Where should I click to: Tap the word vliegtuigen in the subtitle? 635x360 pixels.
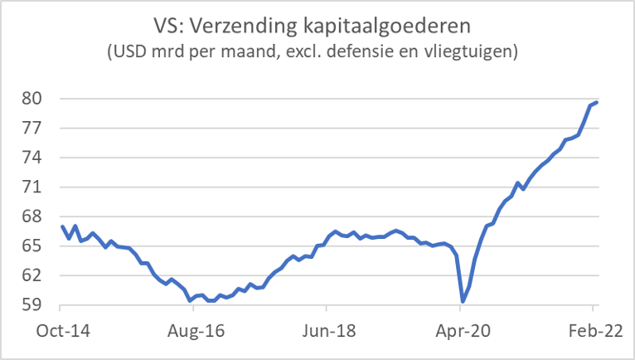point(471,51)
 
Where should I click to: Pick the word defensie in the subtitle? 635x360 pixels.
point(371,51)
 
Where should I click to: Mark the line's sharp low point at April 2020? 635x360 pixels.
point(463,301)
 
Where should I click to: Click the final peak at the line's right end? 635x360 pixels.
point(598,102)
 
